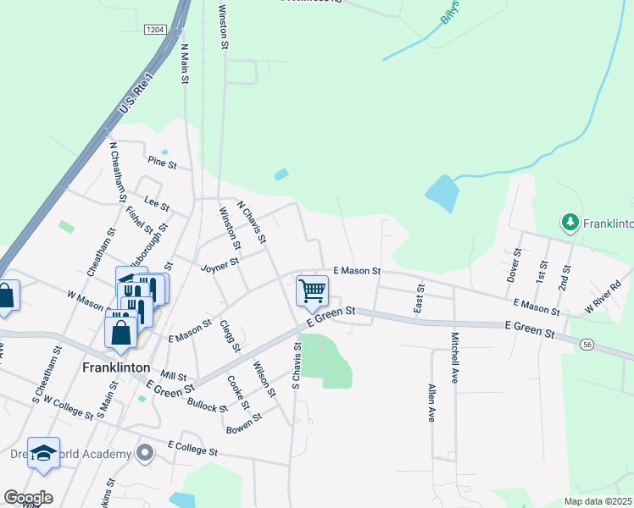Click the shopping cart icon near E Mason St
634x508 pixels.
[312, 290]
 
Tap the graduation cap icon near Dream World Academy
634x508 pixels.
[43, 451]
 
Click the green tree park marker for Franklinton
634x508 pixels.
[570, 223]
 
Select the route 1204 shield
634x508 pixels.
[154, 30]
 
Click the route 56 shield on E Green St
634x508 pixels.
[587, 344]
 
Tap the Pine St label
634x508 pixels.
[160, 161]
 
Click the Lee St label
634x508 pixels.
[157, 204]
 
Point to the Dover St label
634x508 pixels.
[514, 265]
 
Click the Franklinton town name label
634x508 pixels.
[117, 368]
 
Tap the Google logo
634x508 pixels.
[28, 498]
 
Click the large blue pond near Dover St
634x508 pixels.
[442, 194]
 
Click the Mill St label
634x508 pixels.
[172, 374]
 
